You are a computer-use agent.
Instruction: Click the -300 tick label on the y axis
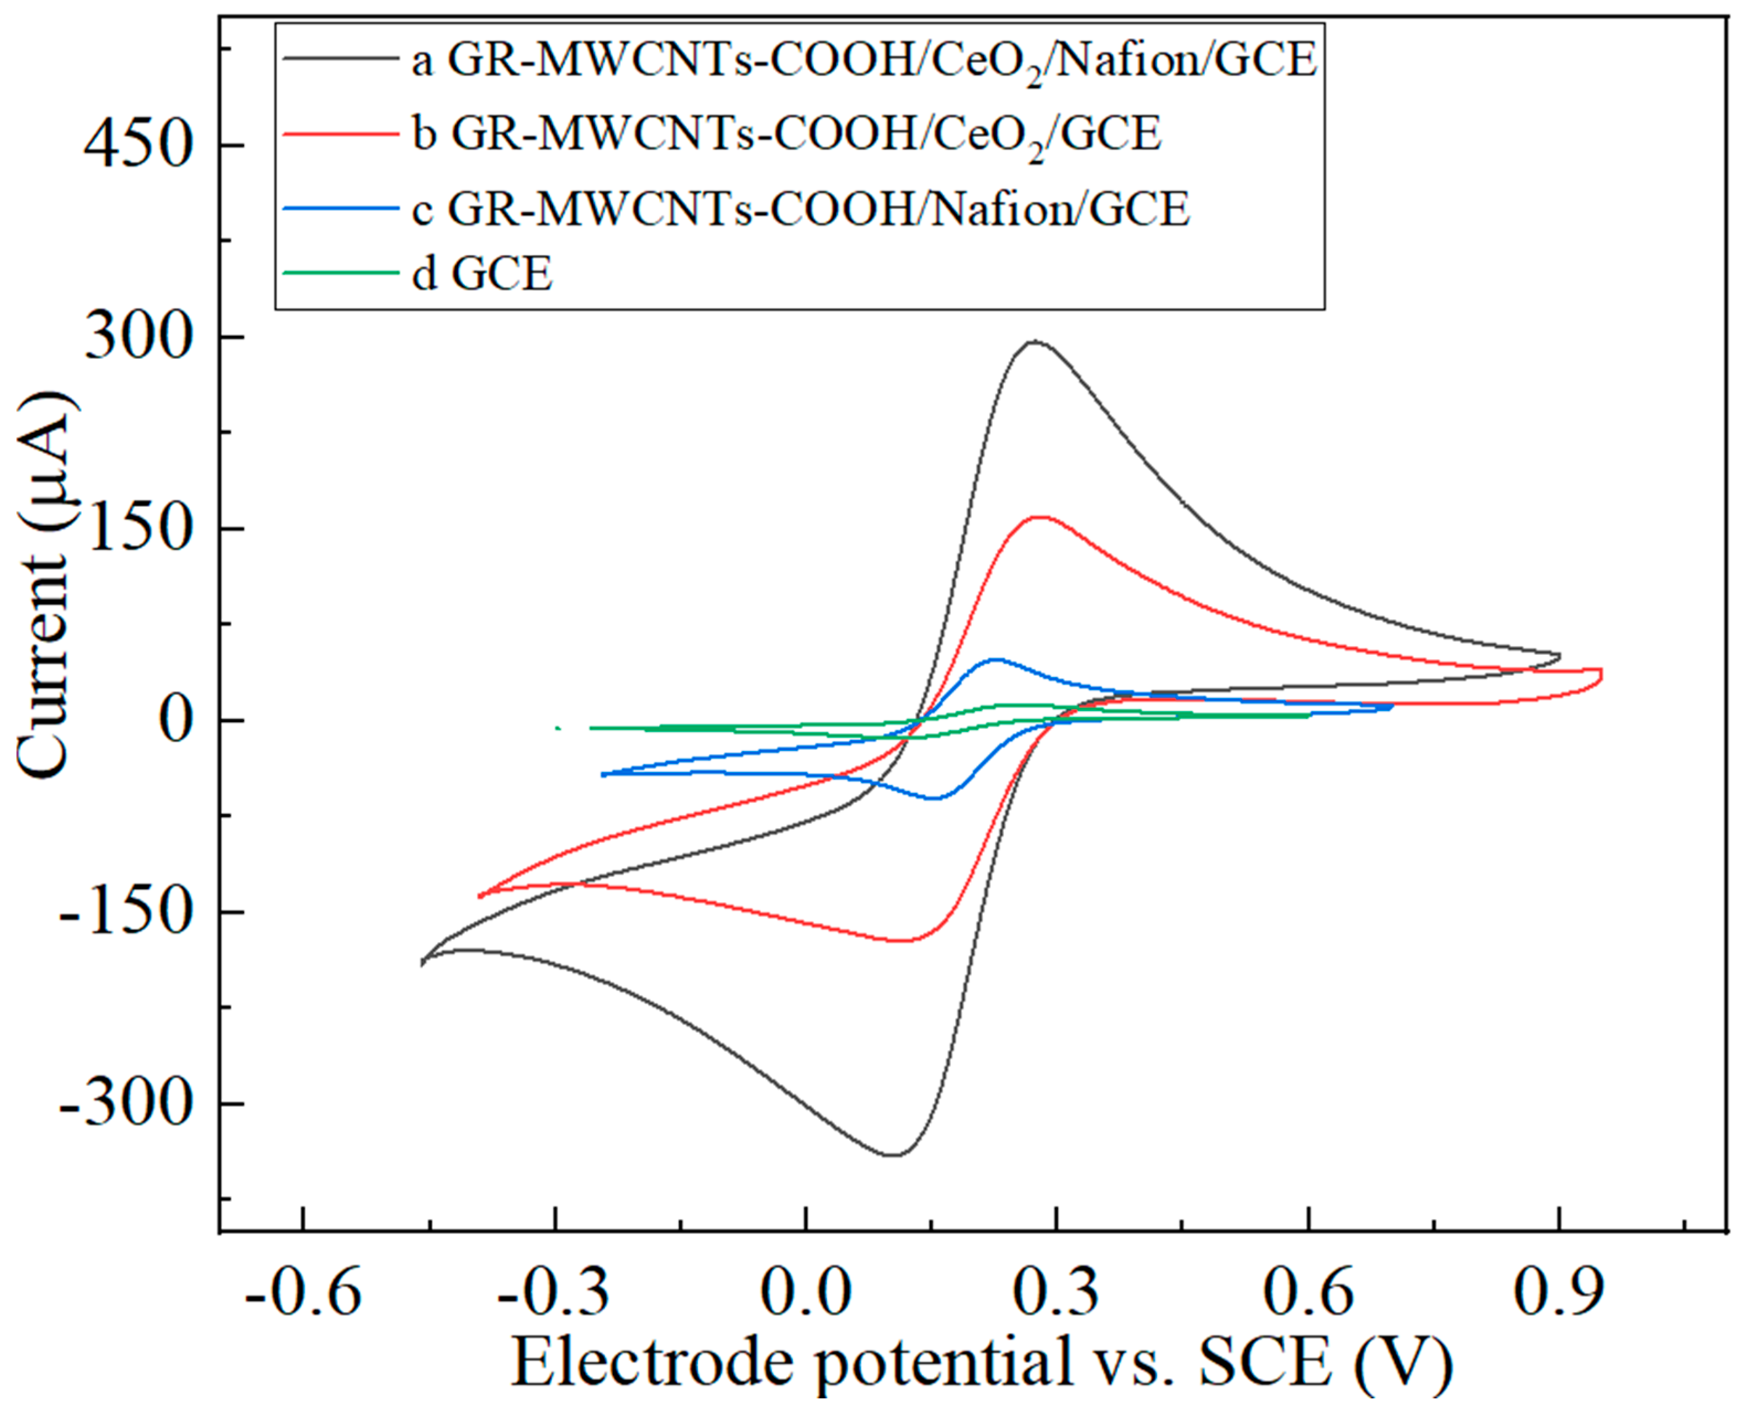126,1104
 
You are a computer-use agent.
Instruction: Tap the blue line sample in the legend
342,210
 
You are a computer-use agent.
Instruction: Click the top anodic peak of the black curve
1035,342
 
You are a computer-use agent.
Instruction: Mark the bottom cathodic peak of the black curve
894,1154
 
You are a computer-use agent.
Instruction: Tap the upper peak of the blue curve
996,659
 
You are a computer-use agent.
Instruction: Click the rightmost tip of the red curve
1601,675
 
